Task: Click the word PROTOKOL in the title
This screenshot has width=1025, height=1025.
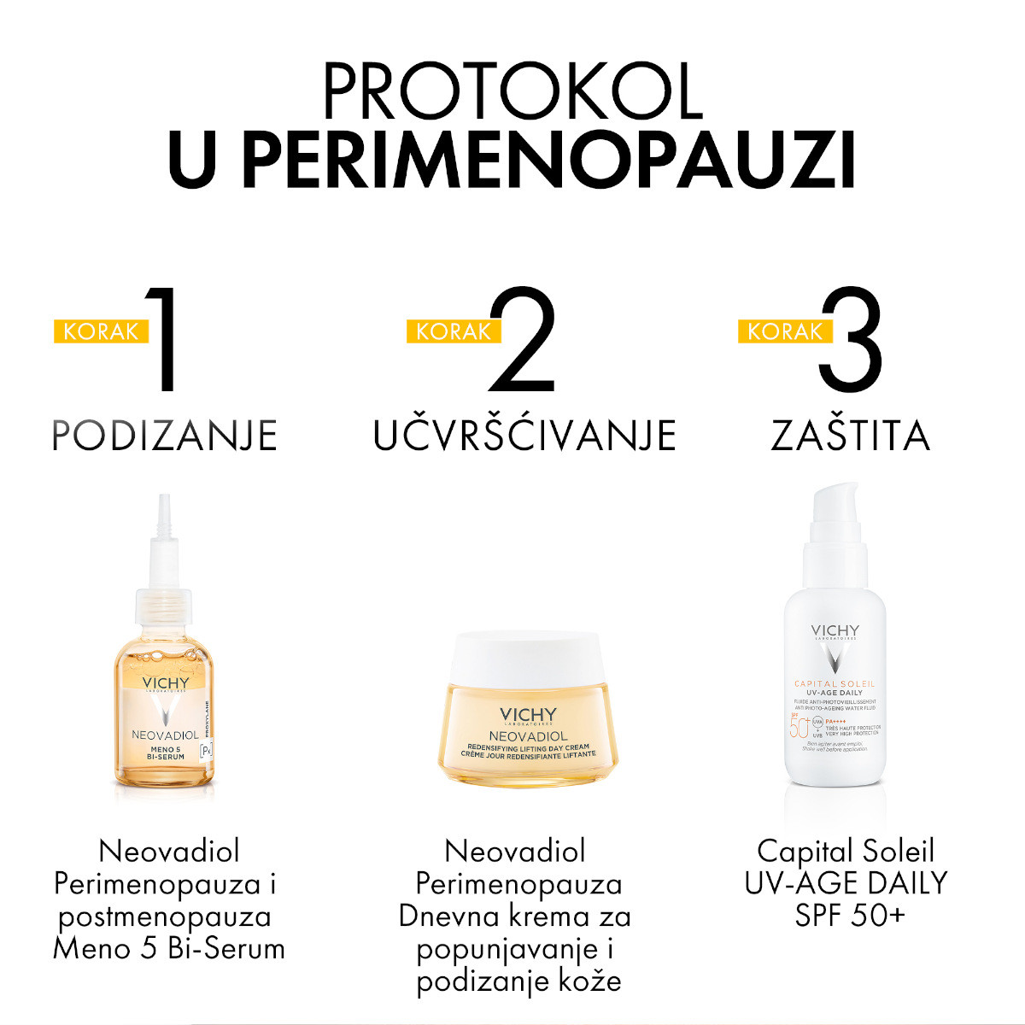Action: click(x=512, y=91)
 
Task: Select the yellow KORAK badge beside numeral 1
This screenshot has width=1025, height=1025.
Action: click(x=101, y=331)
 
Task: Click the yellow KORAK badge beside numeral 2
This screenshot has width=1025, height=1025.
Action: click(x=453, y=331)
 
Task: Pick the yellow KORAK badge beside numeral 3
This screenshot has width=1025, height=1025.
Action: click(x=784, y=331)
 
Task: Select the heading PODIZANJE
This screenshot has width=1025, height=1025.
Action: click(x=165, y=436)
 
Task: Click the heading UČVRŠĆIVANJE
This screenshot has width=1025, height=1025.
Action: click(x=524, y=436)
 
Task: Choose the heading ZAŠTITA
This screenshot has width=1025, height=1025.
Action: click(x=851, y=436)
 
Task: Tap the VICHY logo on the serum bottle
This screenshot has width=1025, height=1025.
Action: click(x=165, y=683)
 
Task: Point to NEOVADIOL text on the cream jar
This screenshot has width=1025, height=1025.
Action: click(x=528, y=735)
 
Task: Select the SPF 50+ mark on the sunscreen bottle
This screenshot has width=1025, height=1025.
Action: click(x=798, y=727)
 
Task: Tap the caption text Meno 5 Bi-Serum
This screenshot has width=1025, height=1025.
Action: click(x=169, y=949)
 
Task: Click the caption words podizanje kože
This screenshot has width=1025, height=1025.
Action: click(x=518, y=981)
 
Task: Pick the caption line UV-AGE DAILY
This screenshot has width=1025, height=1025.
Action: click(x=846, y=883)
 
